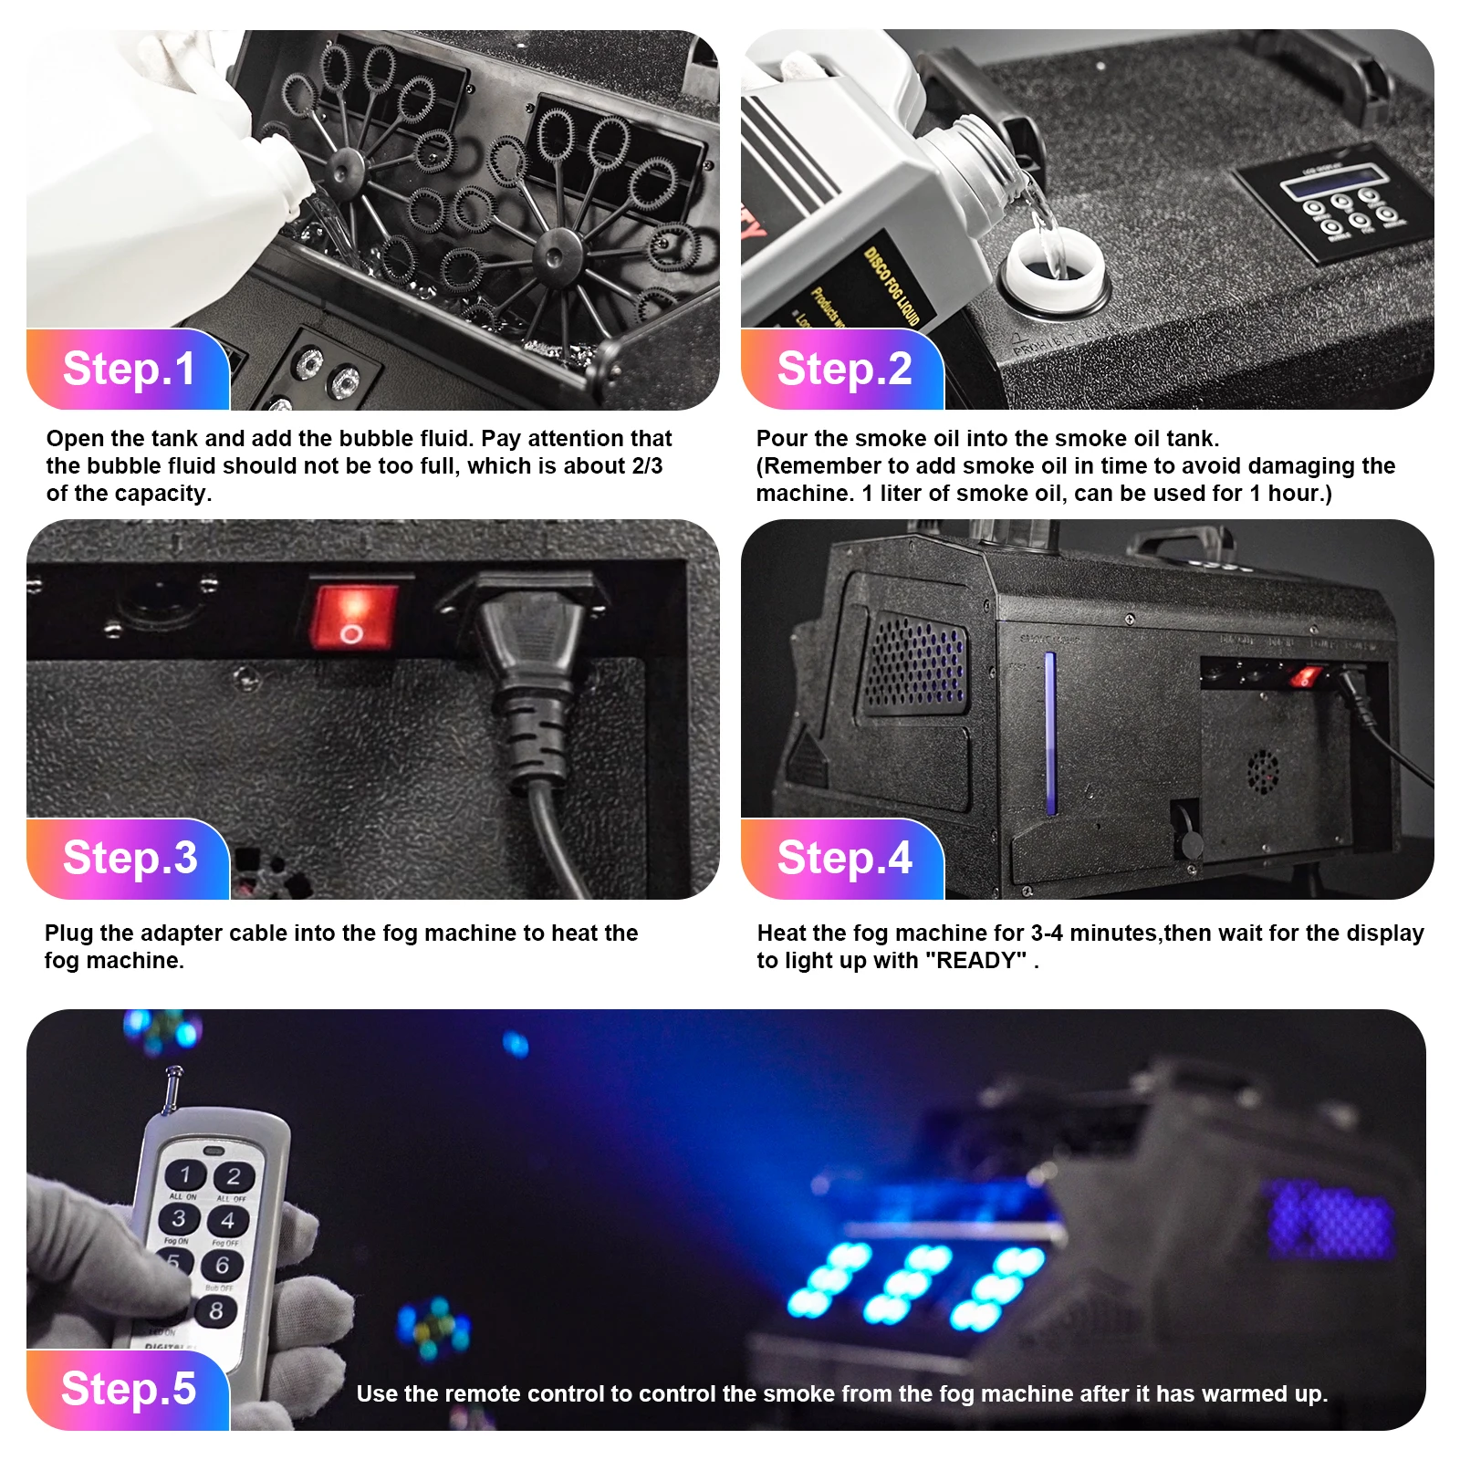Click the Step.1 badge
[x=129, y=370]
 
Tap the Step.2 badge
[x=843, y=370]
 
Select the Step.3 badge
[x=129, y=859]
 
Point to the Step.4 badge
[x=843, y=859]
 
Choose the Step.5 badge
[x=129, y=1389]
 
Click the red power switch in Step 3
[x=353, y=617]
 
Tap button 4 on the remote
[x=227, y=1220]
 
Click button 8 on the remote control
[x=216, y=1311]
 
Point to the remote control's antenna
[x=171, y=1090]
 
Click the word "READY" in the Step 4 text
[x=975, y=961]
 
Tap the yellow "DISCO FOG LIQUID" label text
[x=891, y=286]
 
